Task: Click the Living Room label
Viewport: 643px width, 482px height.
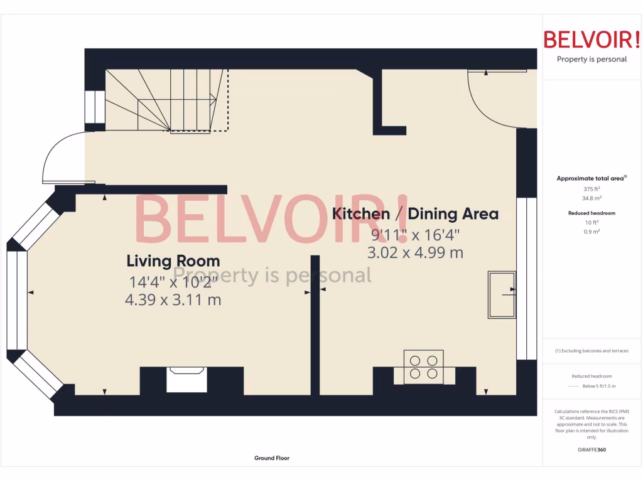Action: coord(173,260)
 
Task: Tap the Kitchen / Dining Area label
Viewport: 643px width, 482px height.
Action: coord(415,213)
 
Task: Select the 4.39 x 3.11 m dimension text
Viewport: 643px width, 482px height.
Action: coord(173,300)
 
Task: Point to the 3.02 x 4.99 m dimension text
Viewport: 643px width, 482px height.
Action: coord(415,253)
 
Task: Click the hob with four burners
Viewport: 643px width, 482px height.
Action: coord(423,367)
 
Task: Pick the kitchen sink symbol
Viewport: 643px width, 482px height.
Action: coord(502,295)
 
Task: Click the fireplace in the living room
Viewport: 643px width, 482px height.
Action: coord(186,380)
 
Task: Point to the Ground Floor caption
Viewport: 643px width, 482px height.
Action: coord(272,458)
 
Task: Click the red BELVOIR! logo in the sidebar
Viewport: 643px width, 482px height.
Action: coord(592,40)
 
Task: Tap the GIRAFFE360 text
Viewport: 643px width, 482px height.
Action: coord(592,449)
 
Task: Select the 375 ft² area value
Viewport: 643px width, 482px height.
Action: coord(592,189)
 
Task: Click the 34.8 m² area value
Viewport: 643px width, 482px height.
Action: coord(592,198)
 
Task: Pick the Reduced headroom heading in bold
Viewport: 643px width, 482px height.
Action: coord(592,213)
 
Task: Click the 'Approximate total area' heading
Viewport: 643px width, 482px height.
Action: coord(590,179)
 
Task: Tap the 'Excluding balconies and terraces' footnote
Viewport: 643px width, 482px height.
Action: coord(592,351)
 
